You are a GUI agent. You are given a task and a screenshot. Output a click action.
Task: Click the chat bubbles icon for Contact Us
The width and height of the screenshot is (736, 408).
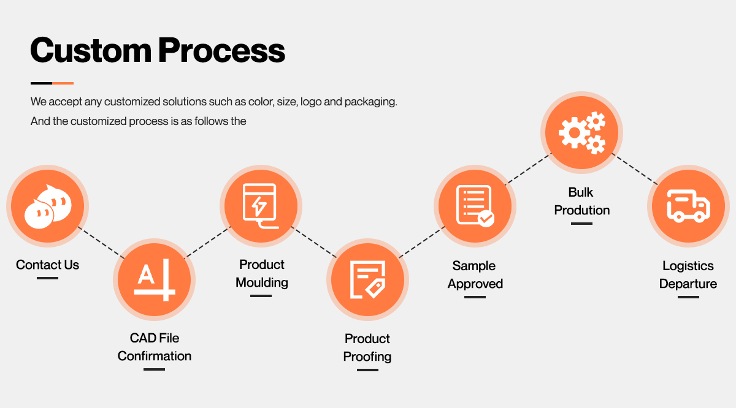click(47, 205)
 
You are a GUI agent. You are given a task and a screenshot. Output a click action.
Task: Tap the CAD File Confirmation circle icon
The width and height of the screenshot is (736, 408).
click(154, 279)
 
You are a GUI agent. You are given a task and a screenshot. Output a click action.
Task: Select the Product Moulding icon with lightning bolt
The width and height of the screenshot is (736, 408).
click(261, 205)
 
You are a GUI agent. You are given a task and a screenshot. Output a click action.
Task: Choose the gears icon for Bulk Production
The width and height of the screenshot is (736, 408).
click(581, 132)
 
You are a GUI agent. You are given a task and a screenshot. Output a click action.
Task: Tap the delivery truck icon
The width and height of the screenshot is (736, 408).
click(688, 205)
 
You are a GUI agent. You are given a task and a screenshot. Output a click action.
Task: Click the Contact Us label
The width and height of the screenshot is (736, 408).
click(47, 265)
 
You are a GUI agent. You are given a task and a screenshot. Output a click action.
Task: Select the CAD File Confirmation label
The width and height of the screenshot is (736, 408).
click(154, 347)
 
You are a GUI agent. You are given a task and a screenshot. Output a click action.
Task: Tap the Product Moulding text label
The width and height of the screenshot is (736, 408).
click(262, 273)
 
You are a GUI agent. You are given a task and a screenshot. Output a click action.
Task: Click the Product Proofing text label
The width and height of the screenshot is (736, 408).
click(367, 347)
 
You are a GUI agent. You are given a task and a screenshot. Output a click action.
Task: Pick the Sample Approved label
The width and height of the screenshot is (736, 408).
click(475, 274)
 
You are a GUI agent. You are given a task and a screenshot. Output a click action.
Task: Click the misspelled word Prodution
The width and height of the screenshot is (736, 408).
click(581, 210)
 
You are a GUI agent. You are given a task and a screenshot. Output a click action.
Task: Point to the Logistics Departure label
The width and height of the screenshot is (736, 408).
click(688, 274)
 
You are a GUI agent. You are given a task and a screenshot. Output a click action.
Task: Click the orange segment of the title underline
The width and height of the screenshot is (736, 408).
click(63, 83)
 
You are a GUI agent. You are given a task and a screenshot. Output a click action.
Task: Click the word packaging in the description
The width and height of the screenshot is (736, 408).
click(370, 101)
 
